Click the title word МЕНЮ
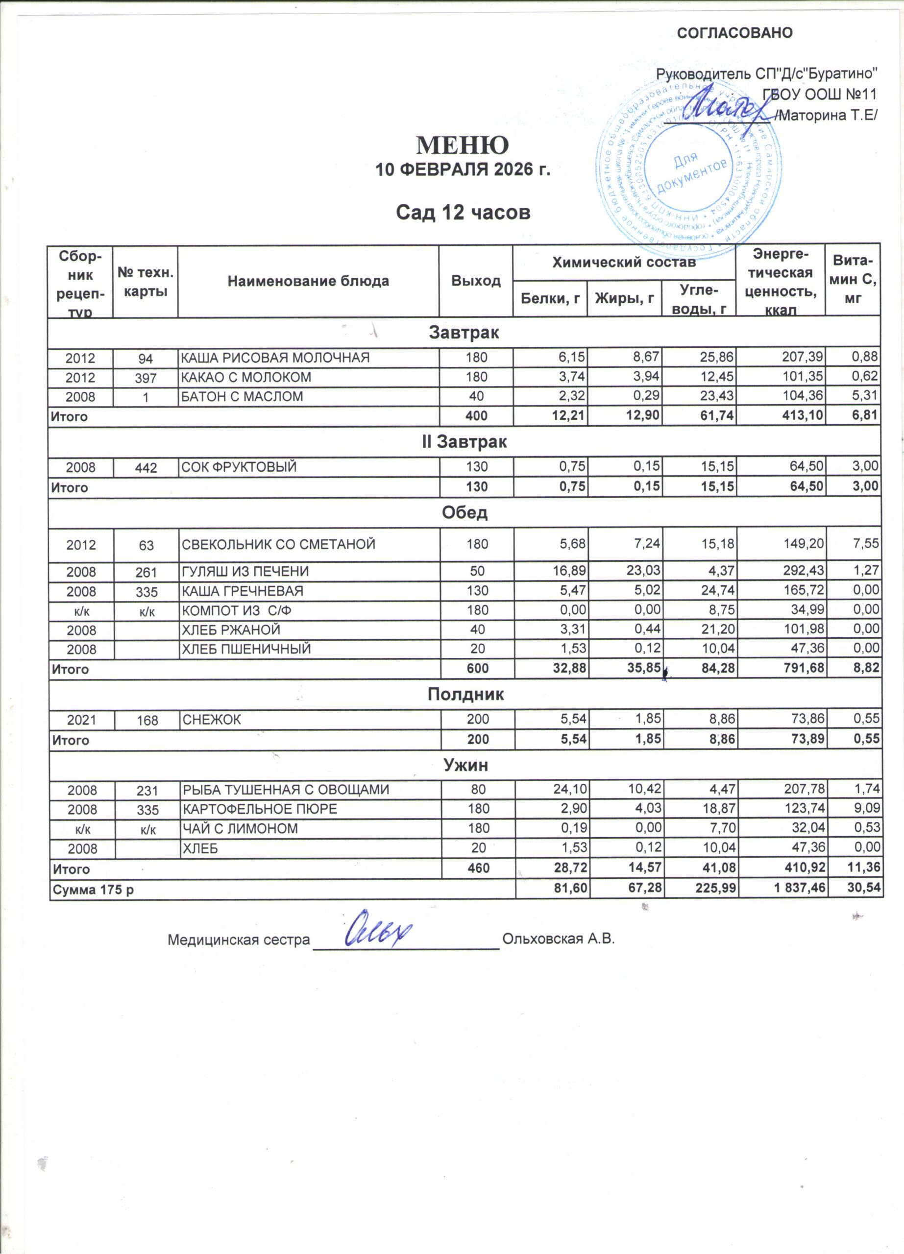pyautogui.click(x=462, y=145)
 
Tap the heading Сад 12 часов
pyautogui.click(x=464, y=212)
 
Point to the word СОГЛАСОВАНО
pyautogui.click(x=735, y=33)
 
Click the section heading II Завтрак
pyautogui.click(x=464, y=442)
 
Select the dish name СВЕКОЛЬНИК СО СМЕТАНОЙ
pyautogui.click(x=279, y=545)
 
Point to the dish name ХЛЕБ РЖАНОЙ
pyautogui.click(x=231, y=630)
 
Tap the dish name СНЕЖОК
pyautogui.click(x=211, y=721)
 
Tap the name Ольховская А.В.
pyautogui.click(x=559, y=940)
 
